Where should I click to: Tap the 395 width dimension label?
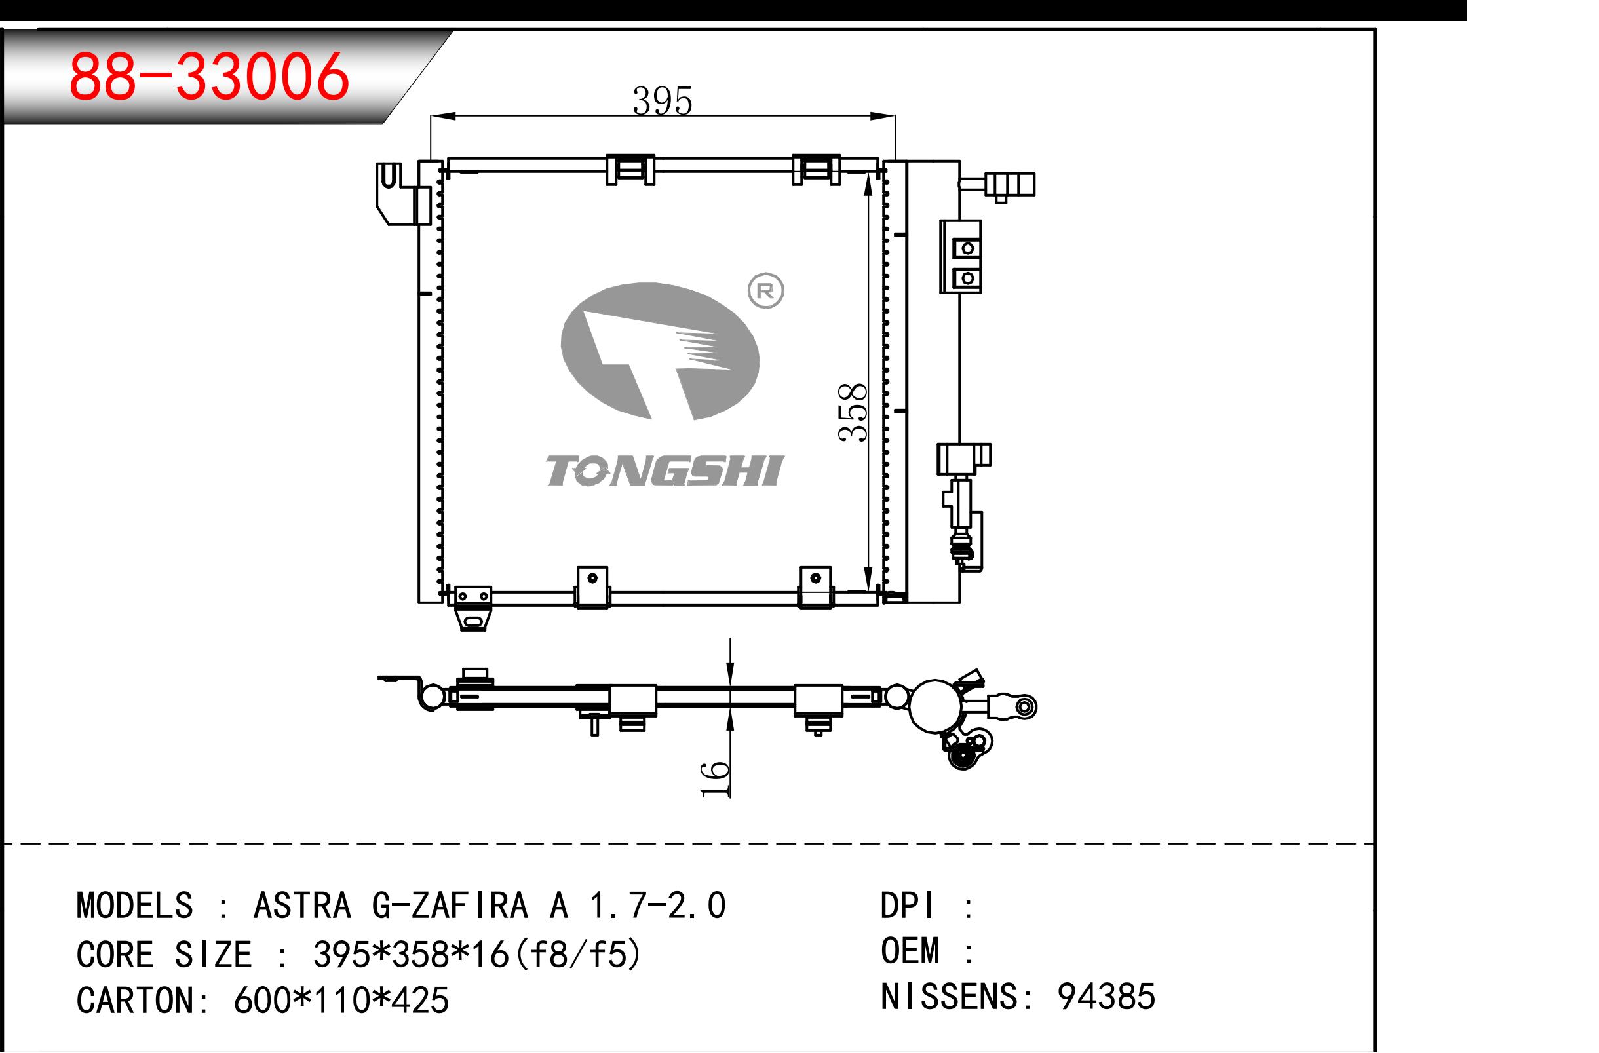point(662,101)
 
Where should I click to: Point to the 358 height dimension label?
point(853,412)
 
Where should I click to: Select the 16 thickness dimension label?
point(715,779)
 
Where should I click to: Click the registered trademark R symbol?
point(766,291)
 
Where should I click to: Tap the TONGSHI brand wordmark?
point(664,470)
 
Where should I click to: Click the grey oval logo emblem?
point(660,351)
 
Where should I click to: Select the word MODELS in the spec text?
point(135,905)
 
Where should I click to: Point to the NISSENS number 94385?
point(1106,996)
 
